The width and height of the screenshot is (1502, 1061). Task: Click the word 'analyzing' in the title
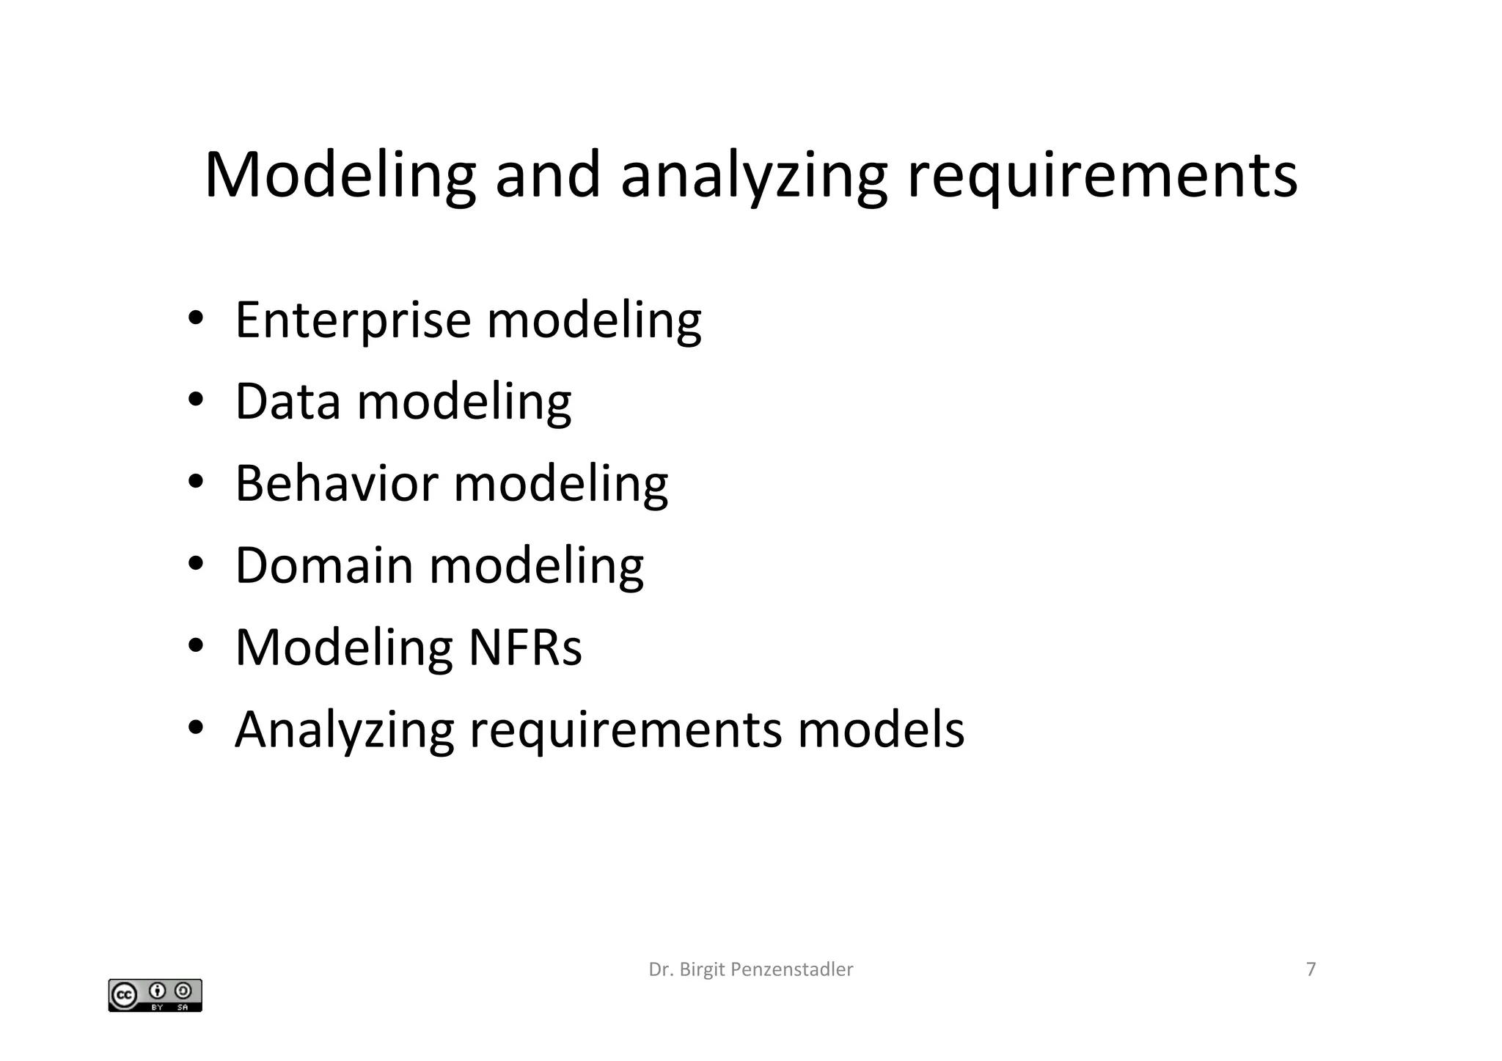point(753,177)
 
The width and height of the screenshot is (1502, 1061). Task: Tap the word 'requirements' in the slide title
point(1102,177)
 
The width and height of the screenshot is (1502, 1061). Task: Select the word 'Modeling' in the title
point(340,177)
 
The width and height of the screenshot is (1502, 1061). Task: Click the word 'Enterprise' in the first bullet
point(353,320)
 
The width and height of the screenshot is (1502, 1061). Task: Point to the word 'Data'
point(287,402)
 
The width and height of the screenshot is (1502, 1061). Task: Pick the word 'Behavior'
point(337,484)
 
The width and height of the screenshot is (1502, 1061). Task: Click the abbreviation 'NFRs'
point(525,647)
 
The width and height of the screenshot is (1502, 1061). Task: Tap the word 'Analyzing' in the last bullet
point(344,730)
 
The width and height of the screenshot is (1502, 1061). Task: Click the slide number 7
point(1311,969)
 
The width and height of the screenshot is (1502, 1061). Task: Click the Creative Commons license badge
point(155,995)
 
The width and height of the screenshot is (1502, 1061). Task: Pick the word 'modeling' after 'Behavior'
point(560,485)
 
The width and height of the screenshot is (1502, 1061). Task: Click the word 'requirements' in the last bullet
point(626,731)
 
